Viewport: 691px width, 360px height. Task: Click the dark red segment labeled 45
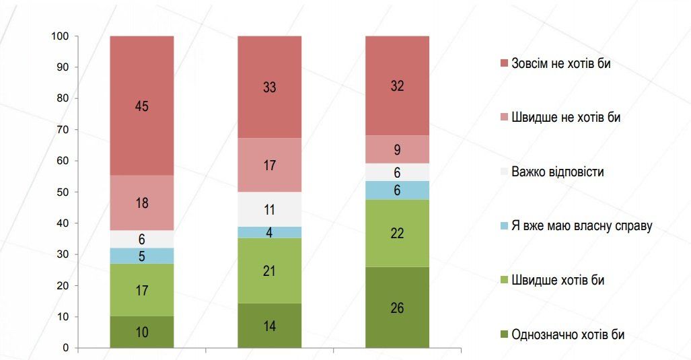[142, 106]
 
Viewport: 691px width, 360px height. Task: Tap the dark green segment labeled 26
[397, 308]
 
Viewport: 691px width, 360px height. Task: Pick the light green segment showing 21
[270, 271]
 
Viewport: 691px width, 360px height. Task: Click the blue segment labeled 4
[270, 233]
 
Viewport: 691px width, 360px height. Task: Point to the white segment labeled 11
[270, 209]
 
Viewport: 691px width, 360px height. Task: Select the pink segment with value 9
[397, 149]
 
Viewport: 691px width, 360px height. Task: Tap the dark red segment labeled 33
[270, 87]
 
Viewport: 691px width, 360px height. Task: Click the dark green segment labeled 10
[142, 332]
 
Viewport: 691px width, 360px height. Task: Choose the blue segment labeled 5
[142, 256]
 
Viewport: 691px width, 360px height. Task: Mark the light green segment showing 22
[397, 233]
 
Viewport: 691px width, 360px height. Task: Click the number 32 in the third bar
[397, 85]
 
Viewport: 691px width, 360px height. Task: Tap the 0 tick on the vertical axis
[66, 348]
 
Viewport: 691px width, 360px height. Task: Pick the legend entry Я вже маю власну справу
[581, 226]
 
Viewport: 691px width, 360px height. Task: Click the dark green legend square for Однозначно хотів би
[503, 334]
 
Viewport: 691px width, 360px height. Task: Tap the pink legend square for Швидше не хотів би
[503, 118]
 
